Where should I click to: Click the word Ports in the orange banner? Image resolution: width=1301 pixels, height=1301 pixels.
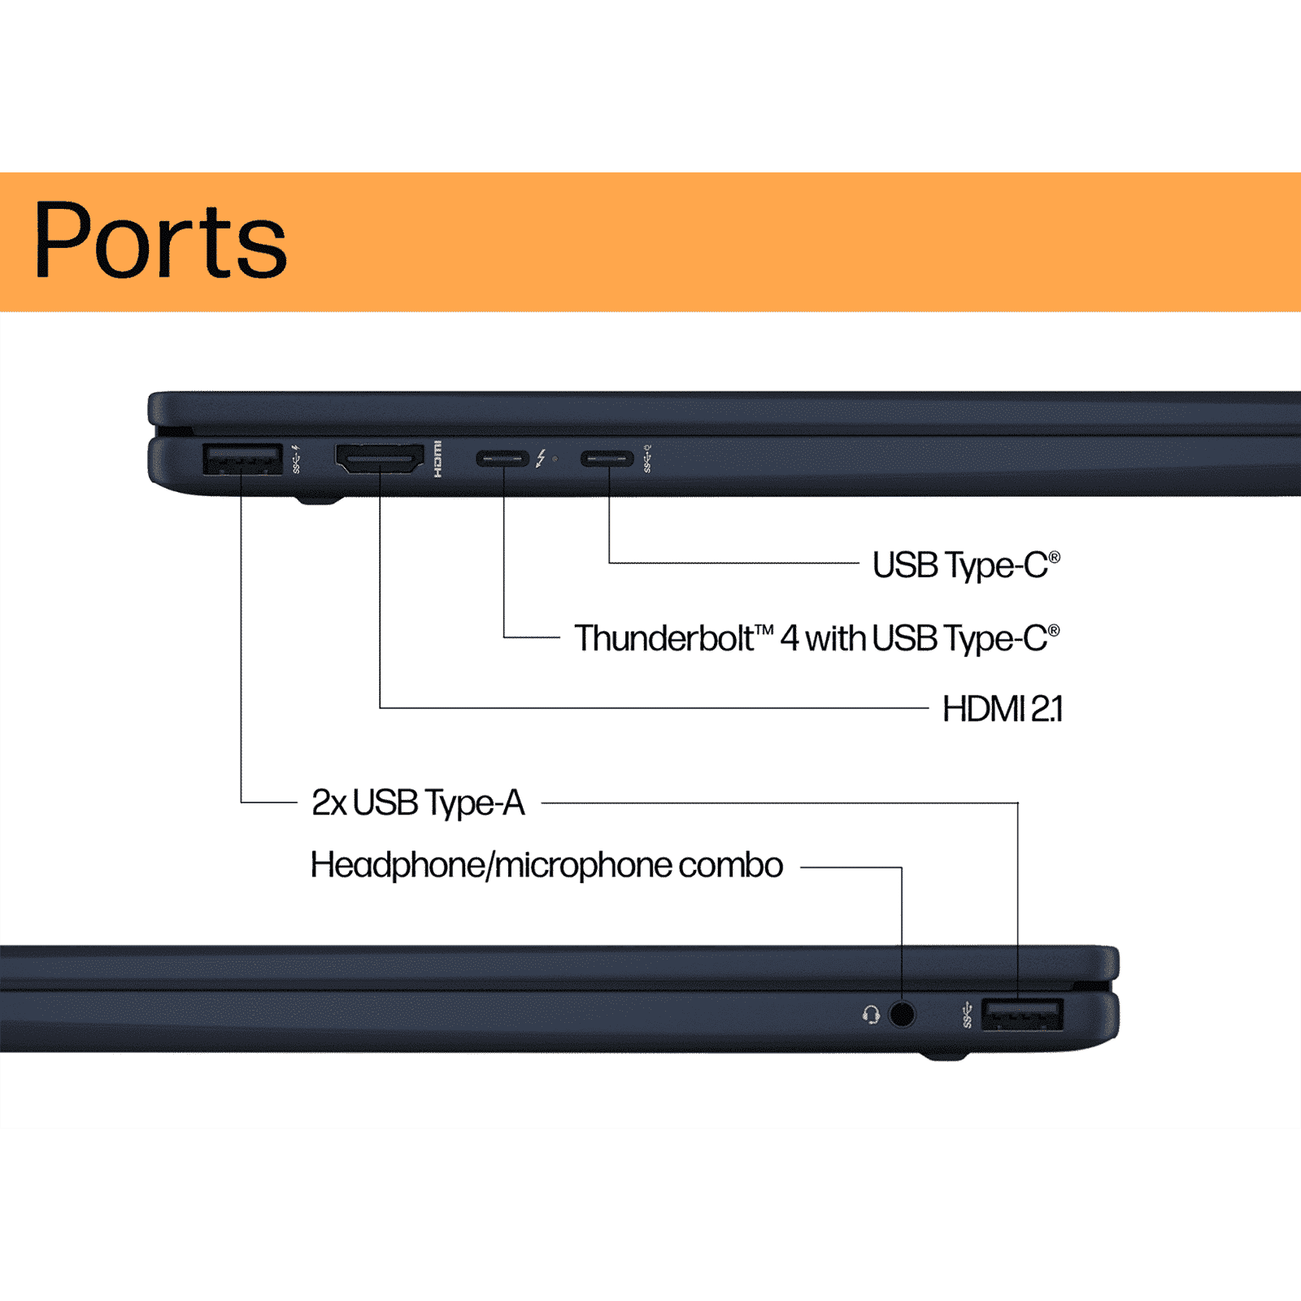160,241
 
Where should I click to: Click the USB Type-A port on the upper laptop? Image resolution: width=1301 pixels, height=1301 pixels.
241,459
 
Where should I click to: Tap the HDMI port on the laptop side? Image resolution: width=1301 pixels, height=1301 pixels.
380,459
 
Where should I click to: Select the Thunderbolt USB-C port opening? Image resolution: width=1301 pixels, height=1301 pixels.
503,459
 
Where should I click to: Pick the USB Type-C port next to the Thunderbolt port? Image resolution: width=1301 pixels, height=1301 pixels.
607,459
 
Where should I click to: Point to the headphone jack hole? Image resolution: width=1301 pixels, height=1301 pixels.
902,1014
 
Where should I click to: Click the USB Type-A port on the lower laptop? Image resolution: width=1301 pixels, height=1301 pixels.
1022,1015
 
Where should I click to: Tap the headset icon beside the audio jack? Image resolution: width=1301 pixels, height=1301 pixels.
871,1015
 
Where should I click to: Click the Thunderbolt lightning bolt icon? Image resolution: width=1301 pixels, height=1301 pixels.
541,459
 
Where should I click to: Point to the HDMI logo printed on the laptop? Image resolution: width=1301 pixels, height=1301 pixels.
438,459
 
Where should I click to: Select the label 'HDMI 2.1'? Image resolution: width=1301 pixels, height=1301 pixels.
1002,709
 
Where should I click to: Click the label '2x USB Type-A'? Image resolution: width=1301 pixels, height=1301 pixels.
418,803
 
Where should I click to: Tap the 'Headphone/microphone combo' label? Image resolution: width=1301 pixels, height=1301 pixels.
546,865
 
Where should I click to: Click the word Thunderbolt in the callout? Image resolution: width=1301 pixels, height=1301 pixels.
664,639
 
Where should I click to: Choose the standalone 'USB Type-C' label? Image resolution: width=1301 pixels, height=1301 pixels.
965,566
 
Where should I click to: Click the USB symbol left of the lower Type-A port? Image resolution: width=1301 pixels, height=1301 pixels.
967,1015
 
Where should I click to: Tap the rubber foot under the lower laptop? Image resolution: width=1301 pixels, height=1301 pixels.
943,1055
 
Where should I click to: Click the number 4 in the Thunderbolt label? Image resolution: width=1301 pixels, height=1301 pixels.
790,639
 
